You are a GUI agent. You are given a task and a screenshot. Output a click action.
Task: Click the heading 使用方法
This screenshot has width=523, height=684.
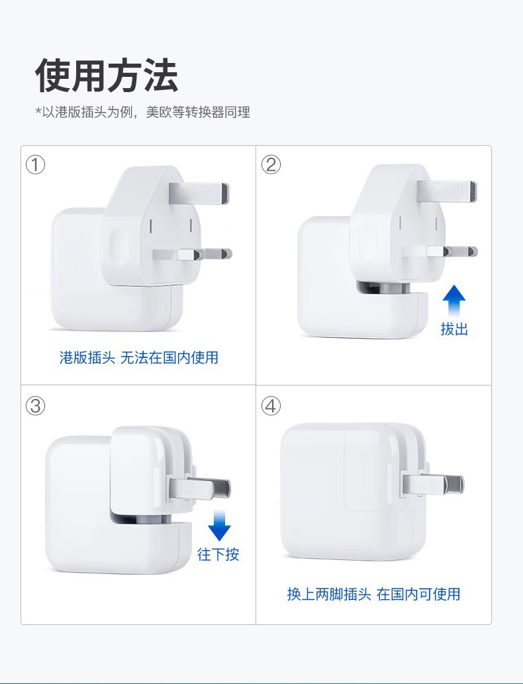click(x=107, y=75)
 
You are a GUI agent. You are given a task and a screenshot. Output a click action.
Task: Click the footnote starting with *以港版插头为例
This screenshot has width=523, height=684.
click(x=142, y=112)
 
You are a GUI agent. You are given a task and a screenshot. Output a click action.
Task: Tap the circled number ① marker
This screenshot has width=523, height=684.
click(x=35, y=164)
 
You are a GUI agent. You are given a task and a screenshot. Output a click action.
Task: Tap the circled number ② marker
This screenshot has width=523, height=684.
click(x=271, y=164)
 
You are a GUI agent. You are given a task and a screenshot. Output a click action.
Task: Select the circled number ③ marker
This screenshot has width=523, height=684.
click(x=35, y=406)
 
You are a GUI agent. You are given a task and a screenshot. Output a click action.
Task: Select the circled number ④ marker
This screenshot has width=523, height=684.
click(x=271, y=406)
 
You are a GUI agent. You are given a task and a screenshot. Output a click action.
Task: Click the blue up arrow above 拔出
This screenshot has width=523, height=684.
click(x=454, y=302)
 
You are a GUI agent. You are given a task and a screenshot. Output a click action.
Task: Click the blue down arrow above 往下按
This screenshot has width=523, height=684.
click(x=219, y=527)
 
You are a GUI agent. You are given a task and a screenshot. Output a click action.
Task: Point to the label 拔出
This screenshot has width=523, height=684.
click(x=454, y=329)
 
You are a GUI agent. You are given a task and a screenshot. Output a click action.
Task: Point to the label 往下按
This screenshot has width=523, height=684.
click(x=218, y=554)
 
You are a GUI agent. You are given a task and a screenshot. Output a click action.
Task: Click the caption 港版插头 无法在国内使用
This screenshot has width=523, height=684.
click(x=139, y=358)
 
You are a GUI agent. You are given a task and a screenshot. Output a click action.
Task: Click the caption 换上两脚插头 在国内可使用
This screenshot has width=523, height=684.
click(x=373, y=594)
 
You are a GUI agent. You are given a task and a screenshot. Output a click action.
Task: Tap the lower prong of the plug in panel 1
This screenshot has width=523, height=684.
click(x=209, y=253)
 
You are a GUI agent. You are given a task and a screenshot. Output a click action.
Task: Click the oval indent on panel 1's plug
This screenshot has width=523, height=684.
click(x=118, y=248)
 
